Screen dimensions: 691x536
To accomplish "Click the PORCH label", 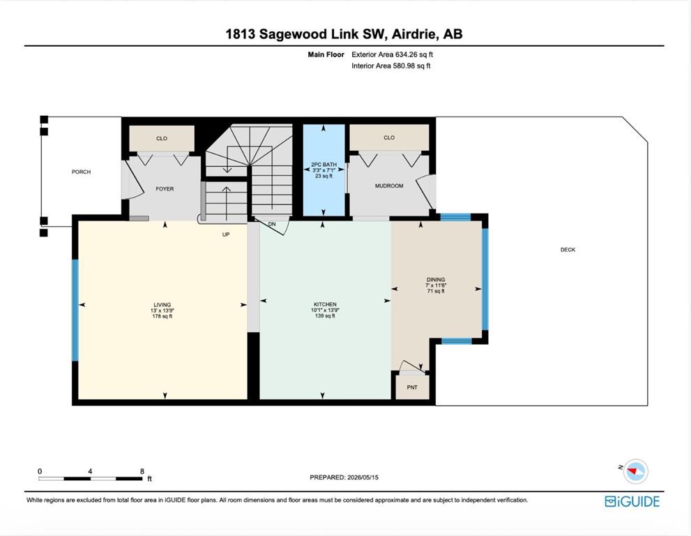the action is (81, 172).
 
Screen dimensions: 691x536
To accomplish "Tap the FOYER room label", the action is (165, 189).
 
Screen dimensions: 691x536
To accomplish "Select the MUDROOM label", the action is (389, 186).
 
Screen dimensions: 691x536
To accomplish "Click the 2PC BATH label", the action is (324, 165).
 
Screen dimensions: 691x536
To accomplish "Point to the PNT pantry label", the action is (412, 387).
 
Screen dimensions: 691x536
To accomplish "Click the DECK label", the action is (568, 250).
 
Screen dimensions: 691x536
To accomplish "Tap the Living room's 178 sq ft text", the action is (162, 316).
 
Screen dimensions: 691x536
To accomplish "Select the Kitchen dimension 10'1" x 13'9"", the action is (325, 310).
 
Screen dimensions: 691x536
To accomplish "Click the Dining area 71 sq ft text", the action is (436, 291).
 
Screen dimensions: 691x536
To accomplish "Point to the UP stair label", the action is (226, 234).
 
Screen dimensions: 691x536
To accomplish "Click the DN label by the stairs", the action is (272, 225).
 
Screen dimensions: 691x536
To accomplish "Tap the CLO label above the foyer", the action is (162, 138).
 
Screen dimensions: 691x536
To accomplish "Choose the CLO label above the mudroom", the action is (389, 137).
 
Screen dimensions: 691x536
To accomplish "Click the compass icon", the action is (635, 471).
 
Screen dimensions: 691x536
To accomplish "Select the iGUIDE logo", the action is (632, 502).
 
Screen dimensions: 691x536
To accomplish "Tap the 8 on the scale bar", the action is (142, 471).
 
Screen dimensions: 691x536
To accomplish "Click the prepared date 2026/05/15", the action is (363, 477).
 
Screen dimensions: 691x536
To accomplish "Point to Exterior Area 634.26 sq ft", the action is (392, 54).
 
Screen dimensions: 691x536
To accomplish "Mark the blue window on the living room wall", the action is (75, 310).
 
